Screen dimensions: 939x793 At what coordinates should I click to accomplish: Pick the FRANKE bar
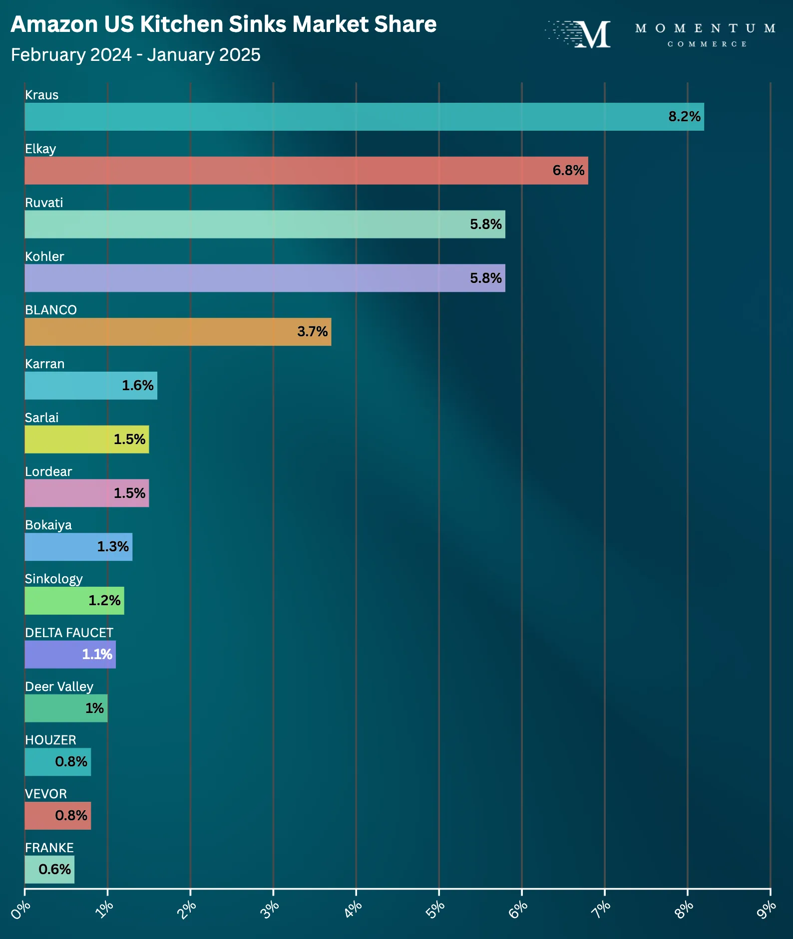49,870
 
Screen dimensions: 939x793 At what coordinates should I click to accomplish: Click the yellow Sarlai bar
87,440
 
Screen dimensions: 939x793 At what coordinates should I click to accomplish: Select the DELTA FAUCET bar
70,655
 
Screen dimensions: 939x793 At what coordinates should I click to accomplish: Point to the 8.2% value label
684,117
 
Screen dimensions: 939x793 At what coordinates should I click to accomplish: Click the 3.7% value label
312,332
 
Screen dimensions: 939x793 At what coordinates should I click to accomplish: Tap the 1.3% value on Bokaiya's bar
113,547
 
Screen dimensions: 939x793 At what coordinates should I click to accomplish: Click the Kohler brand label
44,256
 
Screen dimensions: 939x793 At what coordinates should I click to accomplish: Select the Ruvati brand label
44,203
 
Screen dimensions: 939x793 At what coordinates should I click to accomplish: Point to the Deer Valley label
59,687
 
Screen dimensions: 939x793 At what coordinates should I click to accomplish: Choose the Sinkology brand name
53,579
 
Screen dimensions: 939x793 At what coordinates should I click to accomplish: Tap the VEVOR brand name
45,794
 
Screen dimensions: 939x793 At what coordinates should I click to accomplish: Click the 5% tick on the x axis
435,909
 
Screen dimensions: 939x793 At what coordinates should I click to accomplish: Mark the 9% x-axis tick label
767,909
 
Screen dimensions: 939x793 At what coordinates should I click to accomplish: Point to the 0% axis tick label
21,909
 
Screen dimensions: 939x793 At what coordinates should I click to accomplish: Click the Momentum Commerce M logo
592,34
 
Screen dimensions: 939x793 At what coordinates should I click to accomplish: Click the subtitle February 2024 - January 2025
135,55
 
